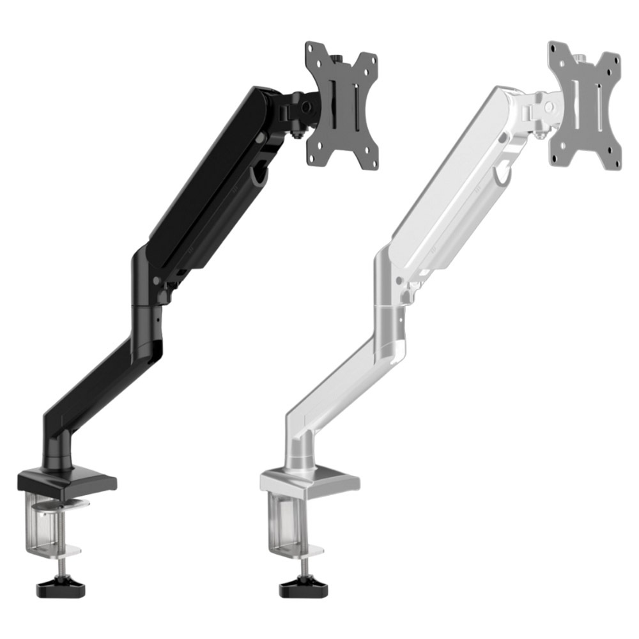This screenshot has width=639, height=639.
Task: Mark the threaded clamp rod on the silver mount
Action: coord(300,566)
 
